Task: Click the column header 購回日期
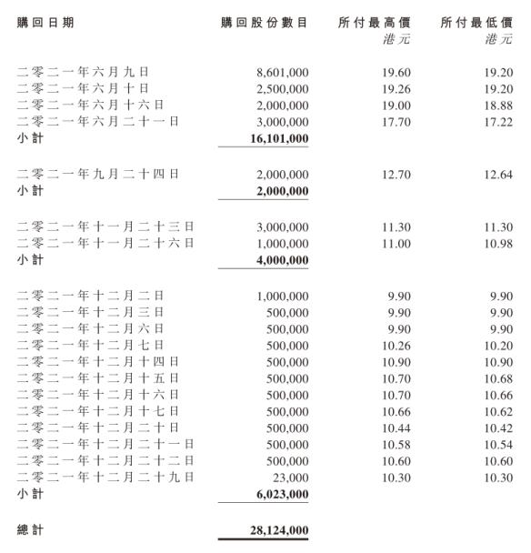[x=46, y=22]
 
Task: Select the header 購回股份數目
[x=264, y=22]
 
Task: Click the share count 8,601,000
[x=283, y=71]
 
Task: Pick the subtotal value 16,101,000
[x=277, y=139]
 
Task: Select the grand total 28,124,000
[x=277, y=528]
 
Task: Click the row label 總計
[x=30, y=528]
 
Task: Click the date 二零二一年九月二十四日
[x=98, y=174]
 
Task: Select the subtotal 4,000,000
[x=281, y=259]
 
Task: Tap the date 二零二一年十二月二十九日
[x=105, y=477]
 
